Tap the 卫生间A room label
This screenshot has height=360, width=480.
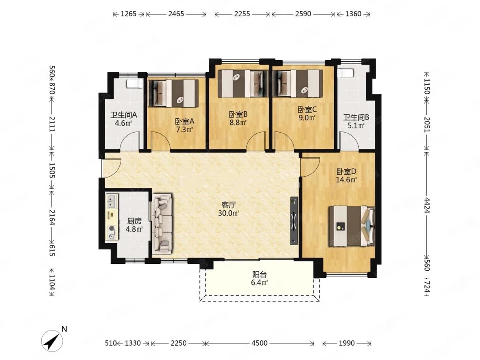(124, 114)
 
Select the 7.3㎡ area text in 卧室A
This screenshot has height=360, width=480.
(184, 130)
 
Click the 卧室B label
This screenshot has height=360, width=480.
(238, 114)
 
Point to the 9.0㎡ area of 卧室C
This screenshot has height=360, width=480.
(307, 118)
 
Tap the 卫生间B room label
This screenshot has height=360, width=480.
(356, 118)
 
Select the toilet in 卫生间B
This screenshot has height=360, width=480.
(346, 73)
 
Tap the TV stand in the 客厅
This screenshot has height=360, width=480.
(294, 220)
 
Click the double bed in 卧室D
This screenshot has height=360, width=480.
(352, 226)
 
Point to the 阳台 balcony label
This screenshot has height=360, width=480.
(260, 275)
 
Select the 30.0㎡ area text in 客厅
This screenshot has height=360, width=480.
(228, 213)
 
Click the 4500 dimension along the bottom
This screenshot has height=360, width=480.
(259, 343)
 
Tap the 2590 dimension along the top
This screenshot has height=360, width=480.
(303, 14)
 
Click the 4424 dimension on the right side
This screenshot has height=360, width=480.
(427, 205)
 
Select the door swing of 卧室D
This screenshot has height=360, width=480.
(309, 167)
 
